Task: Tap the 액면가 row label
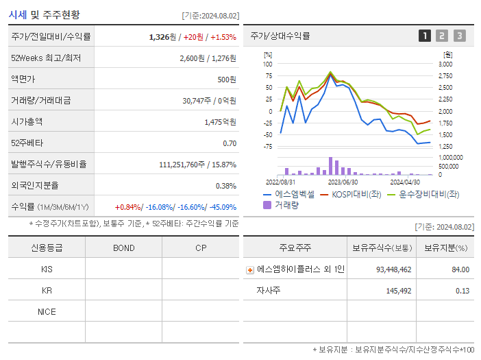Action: [x=25, y=79]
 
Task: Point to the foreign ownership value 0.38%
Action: [x=226, y=185]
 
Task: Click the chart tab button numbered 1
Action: [x=425, y=36]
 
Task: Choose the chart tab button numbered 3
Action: [x=459, y=36]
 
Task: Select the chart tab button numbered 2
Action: [x=442, y=36]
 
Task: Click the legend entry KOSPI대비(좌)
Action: [x=351, y=194]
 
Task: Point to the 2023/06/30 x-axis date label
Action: [x=343, y=182]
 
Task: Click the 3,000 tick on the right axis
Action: [x=445, y=64]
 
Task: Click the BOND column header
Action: [x=123, y=248]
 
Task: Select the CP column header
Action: [x=200, y=248]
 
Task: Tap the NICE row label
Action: [x=47, y=311]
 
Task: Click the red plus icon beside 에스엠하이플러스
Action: [x=250, y=270]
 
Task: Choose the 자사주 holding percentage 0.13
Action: [x=462, y=291]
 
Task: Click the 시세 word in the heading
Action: [x=18, y=14]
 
